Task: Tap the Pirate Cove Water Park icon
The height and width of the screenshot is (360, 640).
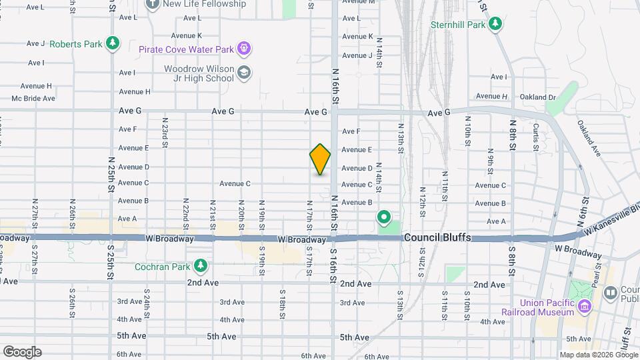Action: pos(244,49)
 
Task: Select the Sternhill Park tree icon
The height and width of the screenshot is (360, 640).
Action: pos(495,25)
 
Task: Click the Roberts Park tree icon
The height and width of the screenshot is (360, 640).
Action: pos(113,44)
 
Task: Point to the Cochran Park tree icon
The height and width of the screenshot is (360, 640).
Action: pos(201,267)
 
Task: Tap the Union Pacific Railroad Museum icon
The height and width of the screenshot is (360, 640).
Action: pos(585,306)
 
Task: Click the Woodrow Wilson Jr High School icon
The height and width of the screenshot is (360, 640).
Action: pos(245,73)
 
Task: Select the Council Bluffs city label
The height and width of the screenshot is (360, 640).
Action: pos(437,237)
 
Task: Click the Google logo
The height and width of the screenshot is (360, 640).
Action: pos(22,352)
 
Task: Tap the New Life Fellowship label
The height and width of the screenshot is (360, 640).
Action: pos(204,4)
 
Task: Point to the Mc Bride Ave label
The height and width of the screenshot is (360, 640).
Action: pos(33,99)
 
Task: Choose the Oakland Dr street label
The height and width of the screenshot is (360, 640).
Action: pos(537,97)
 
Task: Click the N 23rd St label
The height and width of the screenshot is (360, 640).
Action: pos(165,131)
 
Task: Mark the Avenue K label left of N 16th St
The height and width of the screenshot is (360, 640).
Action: pos(186,35)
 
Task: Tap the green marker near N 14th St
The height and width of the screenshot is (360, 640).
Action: pos(383,217)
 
